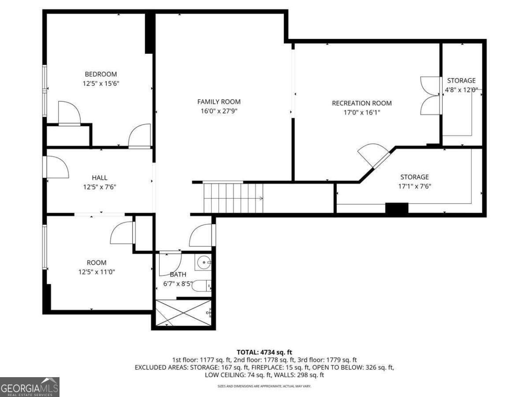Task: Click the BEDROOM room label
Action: (x=101, y=74)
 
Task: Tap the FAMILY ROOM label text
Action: (x=219, y=102)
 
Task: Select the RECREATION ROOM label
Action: (x=361, y=103)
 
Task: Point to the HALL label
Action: (x=100, y=177)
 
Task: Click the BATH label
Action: (x=178, y=274)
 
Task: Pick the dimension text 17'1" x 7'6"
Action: (x=414, y=186)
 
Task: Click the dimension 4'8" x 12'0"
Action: (x=461, y=90)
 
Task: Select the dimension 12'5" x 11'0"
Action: (x=97, y=272)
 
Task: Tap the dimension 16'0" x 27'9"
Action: (x=219, y=111)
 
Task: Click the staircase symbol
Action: (x=233, y=198)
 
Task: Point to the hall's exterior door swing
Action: (x=57, y=168)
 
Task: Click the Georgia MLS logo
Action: (x=30, y=387)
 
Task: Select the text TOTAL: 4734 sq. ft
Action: (x=264, y=352)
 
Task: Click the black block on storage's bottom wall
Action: (x=396, y=209)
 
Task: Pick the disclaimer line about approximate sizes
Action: (x=264, y=386)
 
